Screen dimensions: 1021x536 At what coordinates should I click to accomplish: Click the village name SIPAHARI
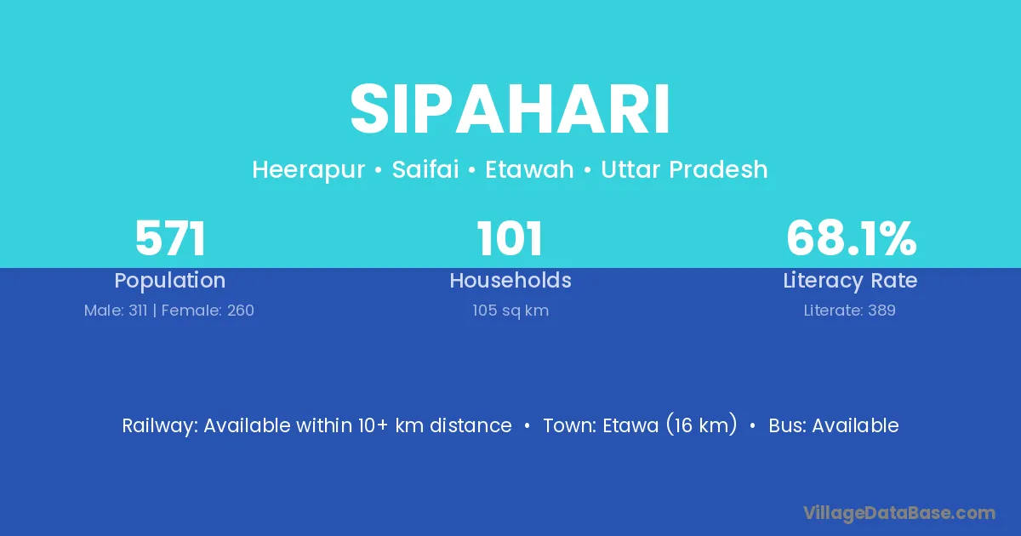[x=510, y=110]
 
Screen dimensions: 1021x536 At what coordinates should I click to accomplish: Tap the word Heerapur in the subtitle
[x=309, y=170]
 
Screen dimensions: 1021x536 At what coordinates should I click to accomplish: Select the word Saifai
[x=425, y=169]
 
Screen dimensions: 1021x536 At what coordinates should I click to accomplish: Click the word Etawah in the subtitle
[x=529, y=169]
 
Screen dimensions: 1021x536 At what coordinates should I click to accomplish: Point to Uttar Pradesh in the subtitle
[x=684, y=169]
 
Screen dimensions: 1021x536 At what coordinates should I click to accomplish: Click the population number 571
[x=170, y=238]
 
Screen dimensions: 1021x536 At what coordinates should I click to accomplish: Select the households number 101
[x=510, y=238]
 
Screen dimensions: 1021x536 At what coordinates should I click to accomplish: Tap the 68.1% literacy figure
[x=851, y=238]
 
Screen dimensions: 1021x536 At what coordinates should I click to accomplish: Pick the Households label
[x=510, y=280]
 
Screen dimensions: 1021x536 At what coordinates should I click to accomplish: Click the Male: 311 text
[x=116, y=311]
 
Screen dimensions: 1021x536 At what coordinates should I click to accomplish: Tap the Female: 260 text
[x=208, y=311]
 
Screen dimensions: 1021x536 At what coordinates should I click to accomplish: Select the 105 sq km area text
[x=510, y=311]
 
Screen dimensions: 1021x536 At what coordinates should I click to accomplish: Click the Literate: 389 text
[x=850, y=311]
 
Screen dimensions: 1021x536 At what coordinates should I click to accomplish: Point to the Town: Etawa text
[x=599, y=425]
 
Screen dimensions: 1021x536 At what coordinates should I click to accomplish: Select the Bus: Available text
[x=834, y=425]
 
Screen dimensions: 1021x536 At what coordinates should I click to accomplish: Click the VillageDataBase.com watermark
[x=899, y=513]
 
